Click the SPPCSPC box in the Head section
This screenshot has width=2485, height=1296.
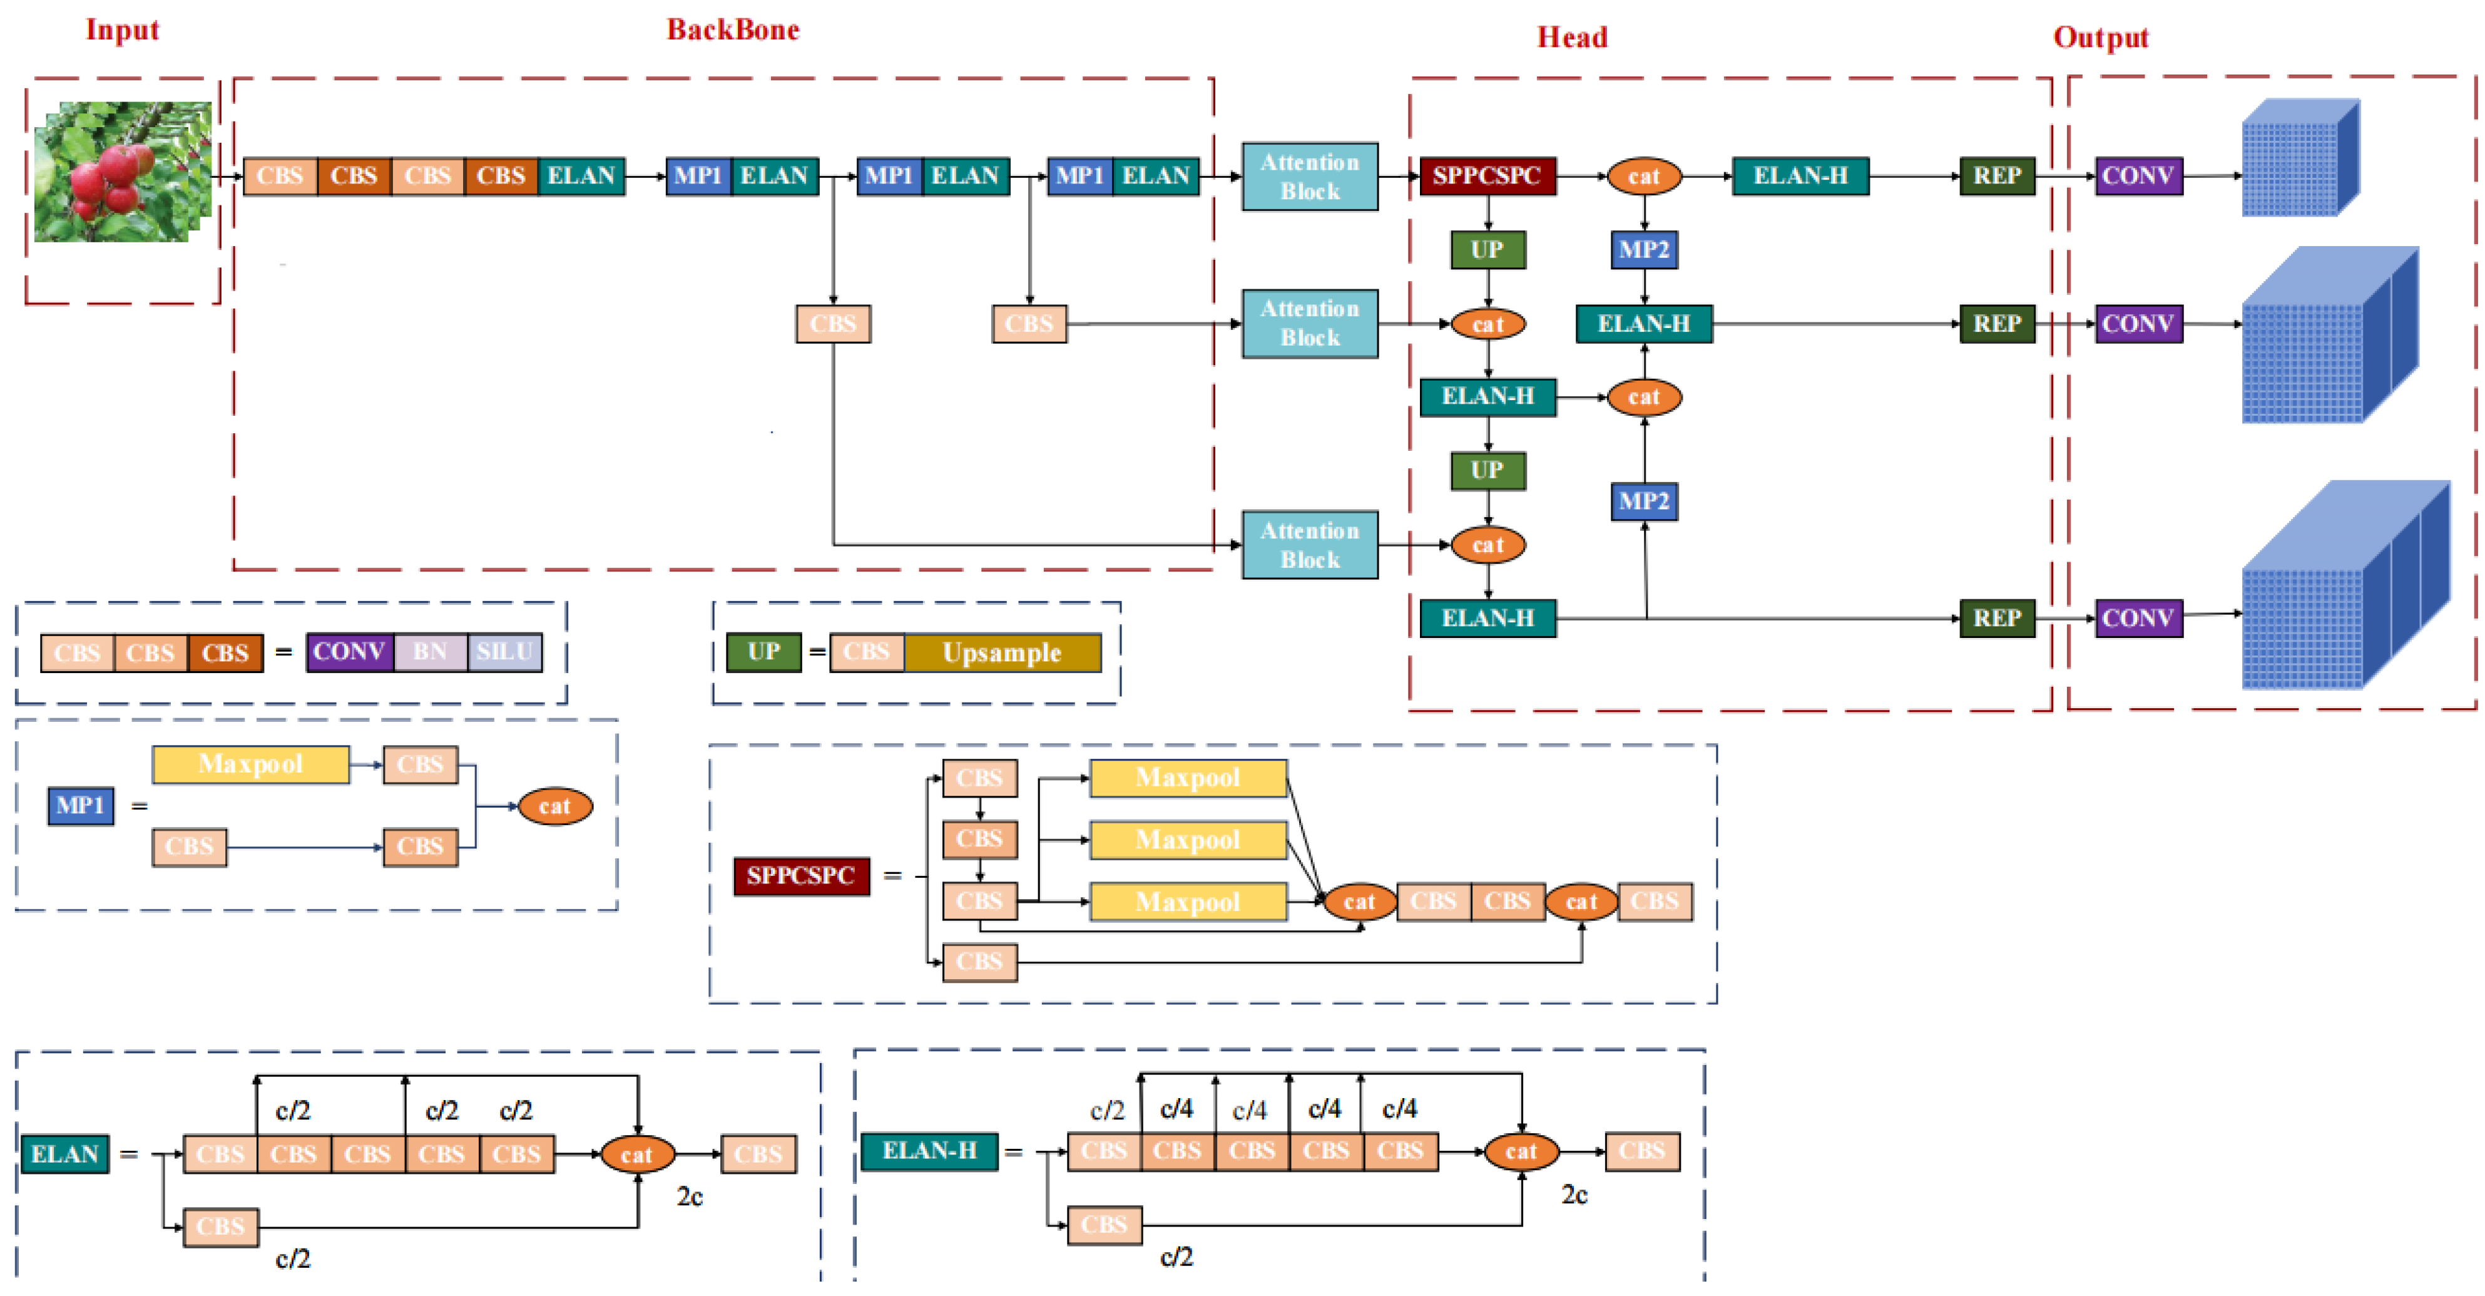[x=1487, y=176]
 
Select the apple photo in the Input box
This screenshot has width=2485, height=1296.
[x=123, y=172]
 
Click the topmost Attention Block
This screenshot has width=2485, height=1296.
[x=1309, y=177]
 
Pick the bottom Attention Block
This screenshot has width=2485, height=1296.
[x=1309, y=545]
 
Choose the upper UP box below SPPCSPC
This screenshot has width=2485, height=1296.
[x=1487, y=250]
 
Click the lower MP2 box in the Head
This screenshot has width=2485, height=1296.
[x=1644, y=501]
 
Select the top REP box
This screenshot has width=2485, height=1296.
[x=1996, y=176]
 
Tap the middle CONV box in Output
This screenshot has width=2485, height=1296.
[x=2138, y=323]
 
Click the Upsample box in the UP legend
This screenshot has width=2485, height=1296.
[x=1001, y=653]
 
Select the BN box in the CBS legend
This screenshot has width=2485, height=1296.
[x=431, y=652]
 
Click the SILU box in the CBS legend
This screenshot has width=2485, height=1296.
[x=504, y=652]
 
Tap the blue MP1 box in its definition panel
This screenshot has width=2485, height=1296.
[x=80, y=806]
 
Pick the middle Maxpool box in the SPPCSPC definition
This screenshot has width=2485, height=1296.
[x=1188, y=840]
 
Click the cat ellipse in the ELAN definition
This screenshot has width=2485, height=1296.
[x=636, y=1154]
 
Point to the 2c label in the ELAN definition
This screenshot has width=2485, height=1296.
[x=689, y=1196]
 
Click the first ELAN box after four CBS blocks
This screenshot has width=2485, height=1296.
[x=581, y=176]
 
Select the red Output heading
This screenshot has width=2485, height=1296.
[x=2100, y=38]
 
